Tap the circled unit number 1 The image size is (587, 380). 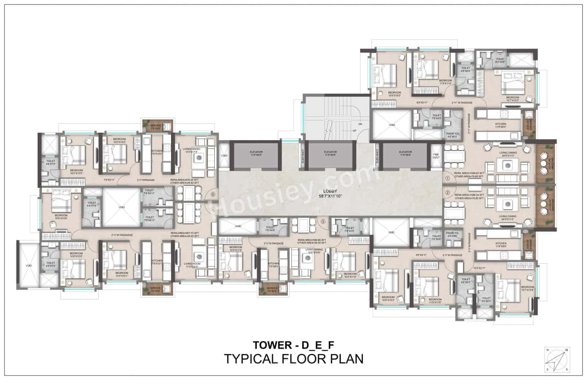(x=448, y=177)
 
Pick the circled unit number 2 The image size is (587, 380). (x=448, y=193)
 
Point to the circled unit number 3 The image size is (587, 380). (x=323, y=222)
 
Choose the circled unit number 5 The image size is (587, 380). (x=213, y=194)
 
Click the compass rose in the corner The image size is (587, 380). (x=557, y=359)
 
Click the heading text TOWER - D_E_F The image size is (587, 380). (x=293, y=344)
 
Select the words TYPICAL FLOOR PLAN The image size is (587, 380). (x=293, y=358)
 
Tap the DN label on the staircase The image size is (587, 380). (x=360, y=124)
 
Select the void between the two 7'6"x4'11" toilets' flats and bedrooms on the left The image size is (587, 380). (x=121, y=207)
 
